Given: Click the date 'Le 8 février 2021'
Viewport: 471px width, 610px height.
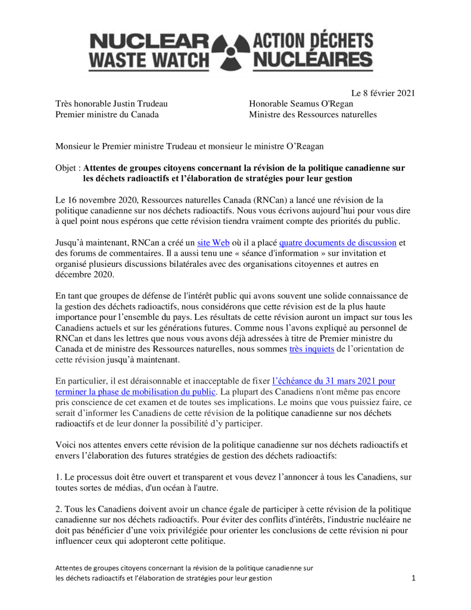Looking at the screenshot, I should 382,93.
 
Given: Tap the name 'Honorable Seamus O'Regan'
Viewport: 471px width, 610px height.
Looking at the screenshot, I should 300,104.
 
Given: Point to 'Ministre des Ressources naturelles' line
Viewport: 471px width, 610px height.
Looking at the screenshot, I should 313,114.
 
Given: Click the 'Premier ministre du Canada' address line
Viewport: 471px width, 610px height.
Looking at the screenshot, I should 107,114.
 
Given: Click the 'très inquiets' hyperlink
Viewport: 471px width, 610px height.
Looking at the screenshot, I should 311,349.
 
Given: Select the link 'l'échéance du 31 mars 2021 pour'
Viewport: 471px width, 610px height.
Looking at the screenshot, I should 333,380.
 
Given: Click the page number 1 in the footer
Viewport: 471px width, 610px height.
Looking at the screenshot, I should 413,578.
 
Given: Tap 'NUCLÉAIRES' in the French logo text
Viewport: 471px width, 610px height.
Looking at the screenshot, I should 313,60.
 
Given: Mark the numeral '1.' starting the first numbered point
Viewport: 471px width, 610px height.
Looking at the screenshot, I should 59,477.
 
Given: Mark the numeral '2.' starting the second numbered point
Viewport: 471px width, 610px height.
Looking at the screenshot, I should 59,509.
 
